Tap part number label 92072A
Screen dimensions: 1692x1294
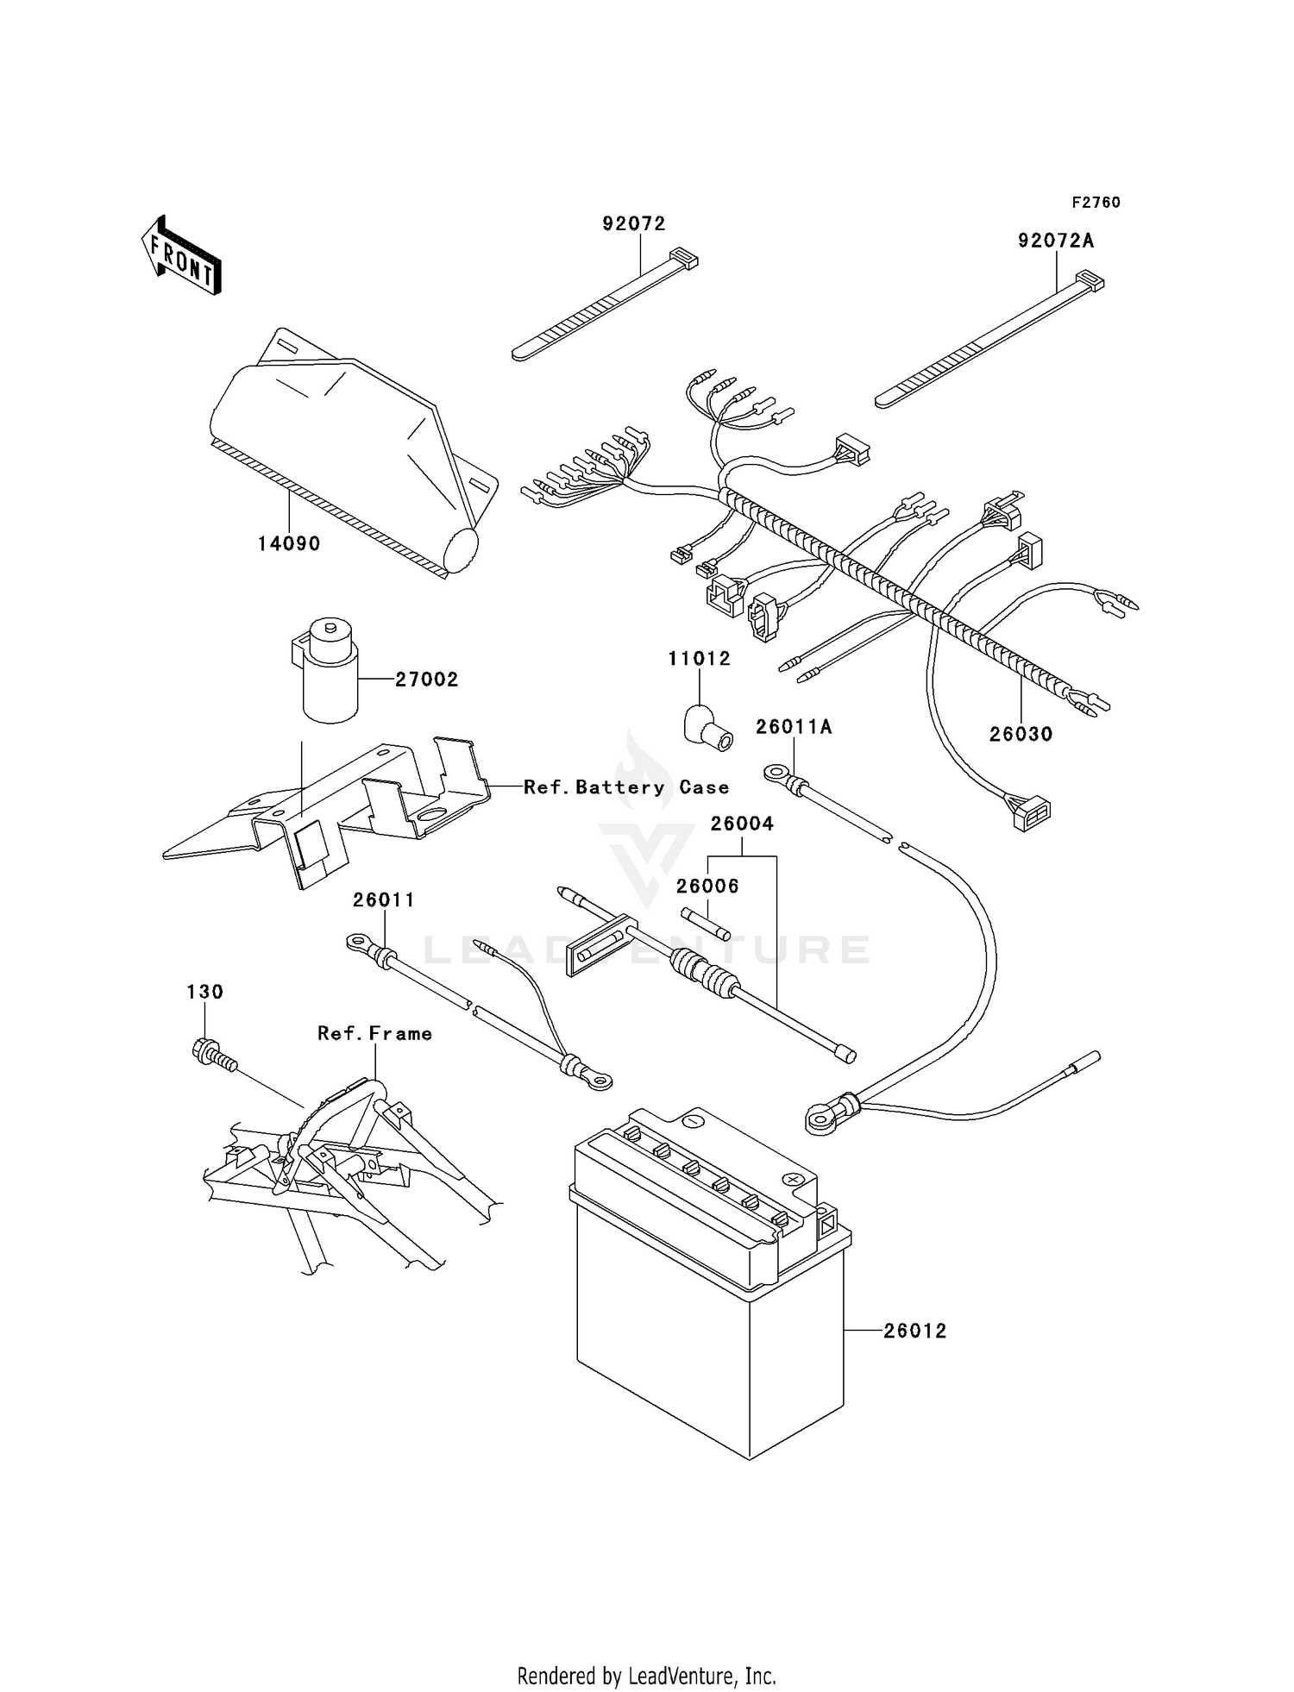tap(1055, 241)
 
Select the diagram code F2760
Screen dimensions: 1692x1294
tap(1096, 203)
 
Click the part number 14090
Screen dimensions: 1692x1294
tap(289, 543)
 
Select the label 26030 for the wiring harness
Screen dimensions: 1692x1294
tap(1021, 734)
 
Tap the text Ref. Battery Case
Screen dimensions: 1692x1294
tap(626, 787)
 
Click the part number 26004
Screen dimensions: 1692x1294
tap(742, 824)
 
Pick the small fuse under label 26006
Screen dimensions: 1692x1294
tap(706, 924)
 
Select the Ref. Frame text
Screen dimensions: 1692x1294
tap(374, 1033)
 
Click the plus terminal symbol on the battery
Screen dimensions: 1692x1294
tap(792, 1178)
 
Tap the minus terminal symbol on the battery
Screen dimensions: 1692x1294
tap(691, 1120)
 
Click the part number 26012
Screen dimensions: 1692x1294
tap(914, 1331)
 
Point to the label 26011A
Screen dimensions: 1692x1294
tap(794, 727)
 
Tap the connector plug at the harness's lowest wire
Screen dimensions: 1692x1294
tap(1032, 812)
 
